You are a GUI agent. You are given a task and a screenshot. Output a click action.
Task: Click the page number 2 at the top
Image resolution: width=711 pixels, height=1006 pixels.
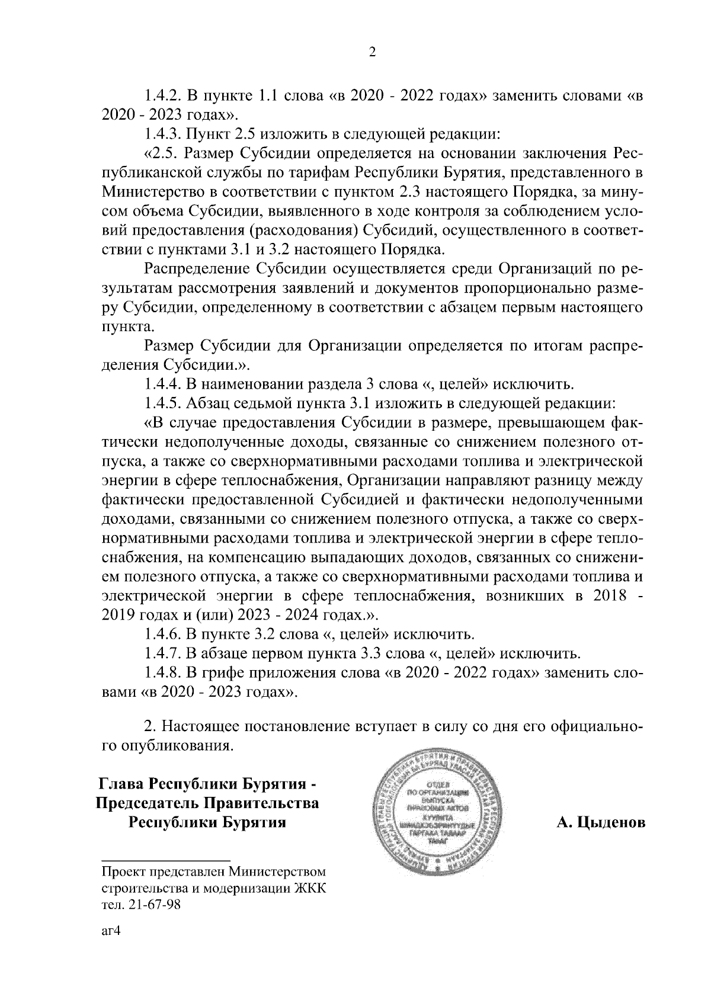coord(372,53)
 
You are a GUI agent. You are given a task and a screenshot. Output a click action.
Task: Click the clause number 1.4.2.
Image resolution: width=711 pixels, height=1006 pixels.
coord(162,95)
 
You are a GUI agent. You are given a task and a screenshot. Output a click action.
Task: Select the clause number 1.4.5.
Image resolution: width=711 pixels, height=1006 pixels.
coord(162,404)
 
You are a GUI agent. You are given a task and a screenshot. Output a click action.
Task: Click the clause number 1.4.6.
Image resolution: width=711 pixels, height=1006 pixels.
coord(162,635)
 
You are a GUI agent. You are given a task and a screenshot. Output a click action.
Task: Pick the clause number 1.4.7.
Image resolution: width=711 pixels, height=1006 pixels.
coord(162,653)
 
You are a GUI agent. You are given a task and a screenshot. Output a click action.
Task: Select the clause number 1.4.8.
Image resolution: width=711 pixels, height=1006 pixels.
coord(162,673)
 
